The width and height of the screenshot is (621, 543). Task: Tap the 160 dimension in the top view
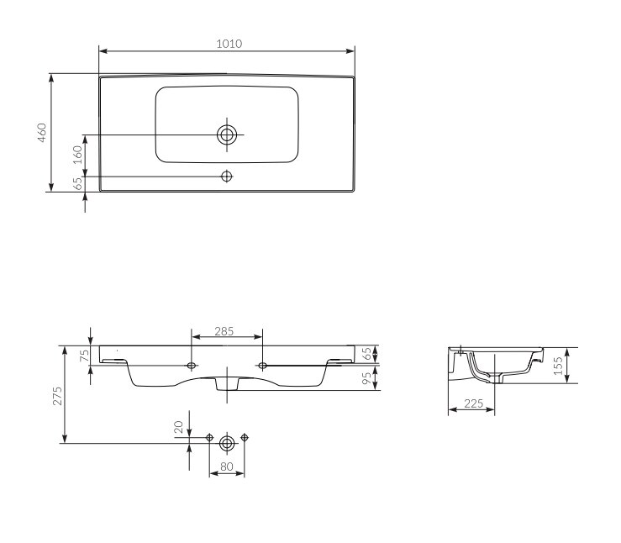pyautogui.click(x=77, y=155)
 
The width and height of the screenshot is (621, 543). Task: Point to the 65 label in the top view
pyautogui.click(x=77, y=182)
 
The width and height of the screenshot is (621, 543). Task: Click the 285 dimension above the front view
pyautogui.click(x=224, y=332)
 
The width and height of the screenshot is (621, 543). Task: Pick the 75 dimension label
pyautogui.click(x=84, y=356)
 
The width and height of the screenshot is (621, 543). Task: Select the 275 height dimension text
pyautogui.click(x=56, y=396)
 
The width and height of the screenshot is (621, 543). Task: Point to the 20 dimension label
pyautogui.click(x=178, y=428)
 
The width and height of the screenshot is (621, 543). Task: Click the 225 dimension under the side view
pyautogui.click(x=472, y=404)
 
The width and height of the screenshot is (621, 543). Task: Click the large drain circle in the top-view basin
pyautogui.click(x=226, y=134)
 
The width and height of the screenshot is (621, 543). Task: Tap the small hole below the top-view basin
pyautogui.click(x=226, y=176)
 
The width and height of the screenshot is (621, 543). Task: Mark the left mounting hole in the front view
pyautogui.click(x=192, y=365)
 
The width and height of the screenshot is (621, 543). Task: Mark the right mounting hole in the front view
pyautogui.click(x=263, y=365)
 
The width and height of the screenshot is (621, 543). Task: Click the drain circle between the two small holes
pyautogui.click(x=226, y=442)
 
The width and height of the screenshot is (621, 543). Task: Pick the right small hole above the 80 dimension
pyautogui.click(x=245, y=437)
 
